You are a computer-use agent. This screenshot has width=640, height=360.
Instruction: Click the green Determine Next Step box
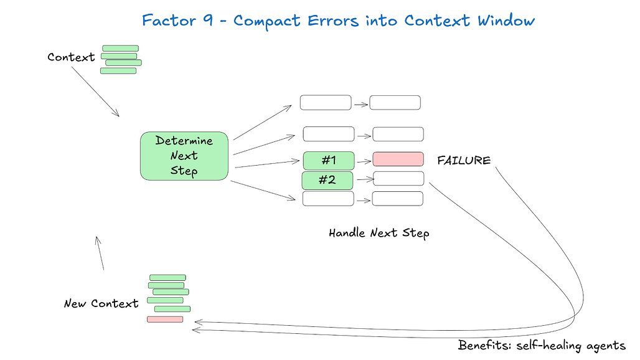(x=184, y=156)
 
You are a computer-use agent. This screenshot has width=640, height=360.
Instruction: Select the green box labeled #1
(x=329, y=161)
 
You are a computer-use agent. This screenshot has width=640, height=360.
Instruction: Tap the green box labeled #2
(x=327, y=181)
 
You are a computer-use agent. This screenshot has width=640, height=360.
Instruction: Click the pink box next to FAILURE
(x=398, y=159)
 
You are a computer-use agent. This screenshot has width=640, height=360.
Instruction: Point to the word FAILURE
(x=464, y=161)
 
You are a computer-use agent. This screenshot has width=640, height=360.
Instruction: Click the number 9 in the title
(x=208, y=20)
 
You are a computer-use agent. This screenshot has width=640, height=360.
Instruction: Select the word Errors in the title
(x=333, y=21)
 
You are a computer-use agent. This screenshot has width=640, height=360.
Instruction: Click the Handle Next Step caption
(x=379, y=233)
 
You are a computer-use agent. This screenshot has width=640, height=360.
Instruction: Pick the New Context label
(x=101, y=304)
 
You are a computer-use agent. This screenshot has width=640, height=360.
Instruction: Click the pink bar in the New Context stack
(x=165, y=319)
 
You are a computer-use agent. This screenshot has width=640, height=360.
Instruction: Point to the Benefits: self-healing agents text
(x=542, y=346)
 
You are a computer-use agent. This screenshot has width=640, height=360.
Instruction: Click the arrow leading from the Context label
(x=95, y=92)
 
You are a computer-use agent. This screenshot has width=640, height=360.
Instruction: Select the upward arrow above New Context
(x=99, y=253)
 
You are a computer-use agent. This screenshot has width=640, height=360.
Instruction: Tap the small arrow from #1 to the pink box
(x=364, y=162)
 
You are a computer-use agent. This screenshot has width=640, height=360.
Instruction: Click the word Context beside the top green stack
(x=71, y=57)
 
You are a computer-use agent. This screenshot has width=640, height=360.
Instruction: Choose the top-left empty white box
(x=326, y=102)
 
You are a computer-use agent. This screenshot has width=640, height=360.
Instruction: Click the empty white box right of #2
(x=398, y=179)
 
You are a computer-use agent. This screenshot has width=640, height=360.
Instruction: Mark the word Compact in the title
(x=267, y=21)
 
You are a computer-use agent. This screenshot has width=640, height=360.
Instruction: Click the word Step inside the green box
(x=184, y=171)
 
